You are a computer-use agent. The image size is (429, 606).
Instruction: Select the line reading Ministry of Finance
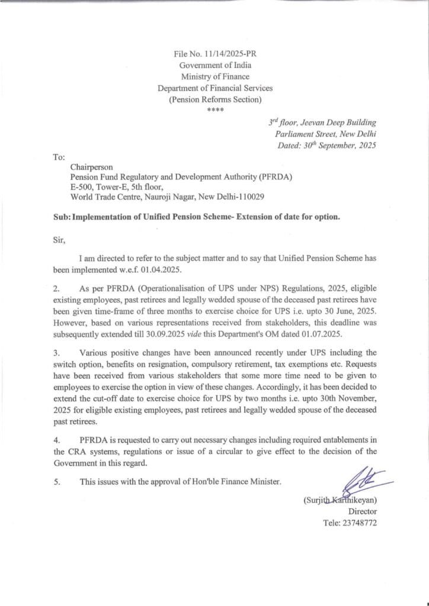(x=214, y=76)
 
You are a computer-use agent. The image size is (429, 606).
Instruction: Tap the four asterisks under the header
(x=214, y=110)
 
